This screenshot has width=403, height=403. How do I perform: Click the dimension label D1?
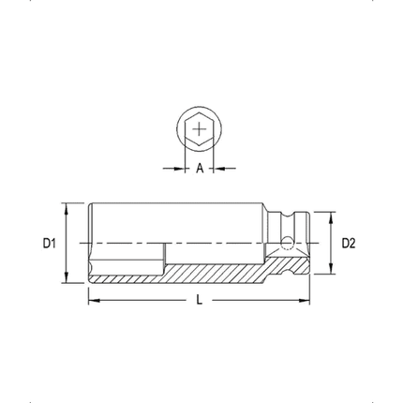50,243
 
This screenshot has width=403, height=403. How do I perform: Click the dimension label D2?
349,243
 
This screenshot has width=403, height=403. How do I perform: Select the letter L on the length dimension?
200,300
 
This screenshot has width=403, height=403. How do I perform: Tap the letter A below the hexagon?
200,169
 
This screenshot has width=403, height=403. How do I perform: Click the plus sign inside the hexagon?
200,129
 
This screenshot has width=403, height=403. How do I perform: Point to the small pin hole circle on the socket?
287,243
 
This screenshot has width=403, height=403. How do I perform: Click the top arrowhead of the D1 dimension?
67,205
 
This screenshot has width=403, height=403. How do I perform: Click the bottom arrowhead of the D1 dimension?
67,281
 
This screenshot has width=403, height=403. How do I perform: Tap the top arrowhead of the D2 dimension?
329,215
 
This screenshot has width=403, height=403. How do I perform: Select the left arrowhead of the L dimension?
92,300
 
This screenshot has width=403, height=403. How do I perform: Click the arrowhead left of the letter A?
182,169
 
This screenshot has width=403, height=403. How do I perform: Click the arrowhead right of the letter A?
217,169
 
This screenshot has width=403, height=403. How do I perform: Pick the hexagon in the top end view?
200,129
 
